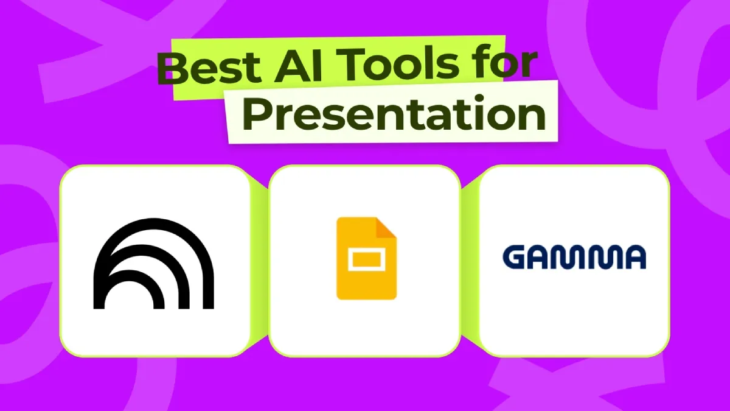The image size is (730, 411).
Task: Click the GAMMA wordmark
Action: click(574, 258)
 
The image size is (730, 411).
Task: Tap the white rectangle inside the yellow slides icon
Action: click(366, 262)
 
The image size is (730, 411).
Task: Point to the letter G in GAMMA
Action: click(516, 258)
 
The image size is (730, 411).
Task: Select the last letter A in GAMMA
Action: click(633, 258)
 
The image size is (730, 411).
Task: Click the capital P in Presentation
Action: click(256, 115)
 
